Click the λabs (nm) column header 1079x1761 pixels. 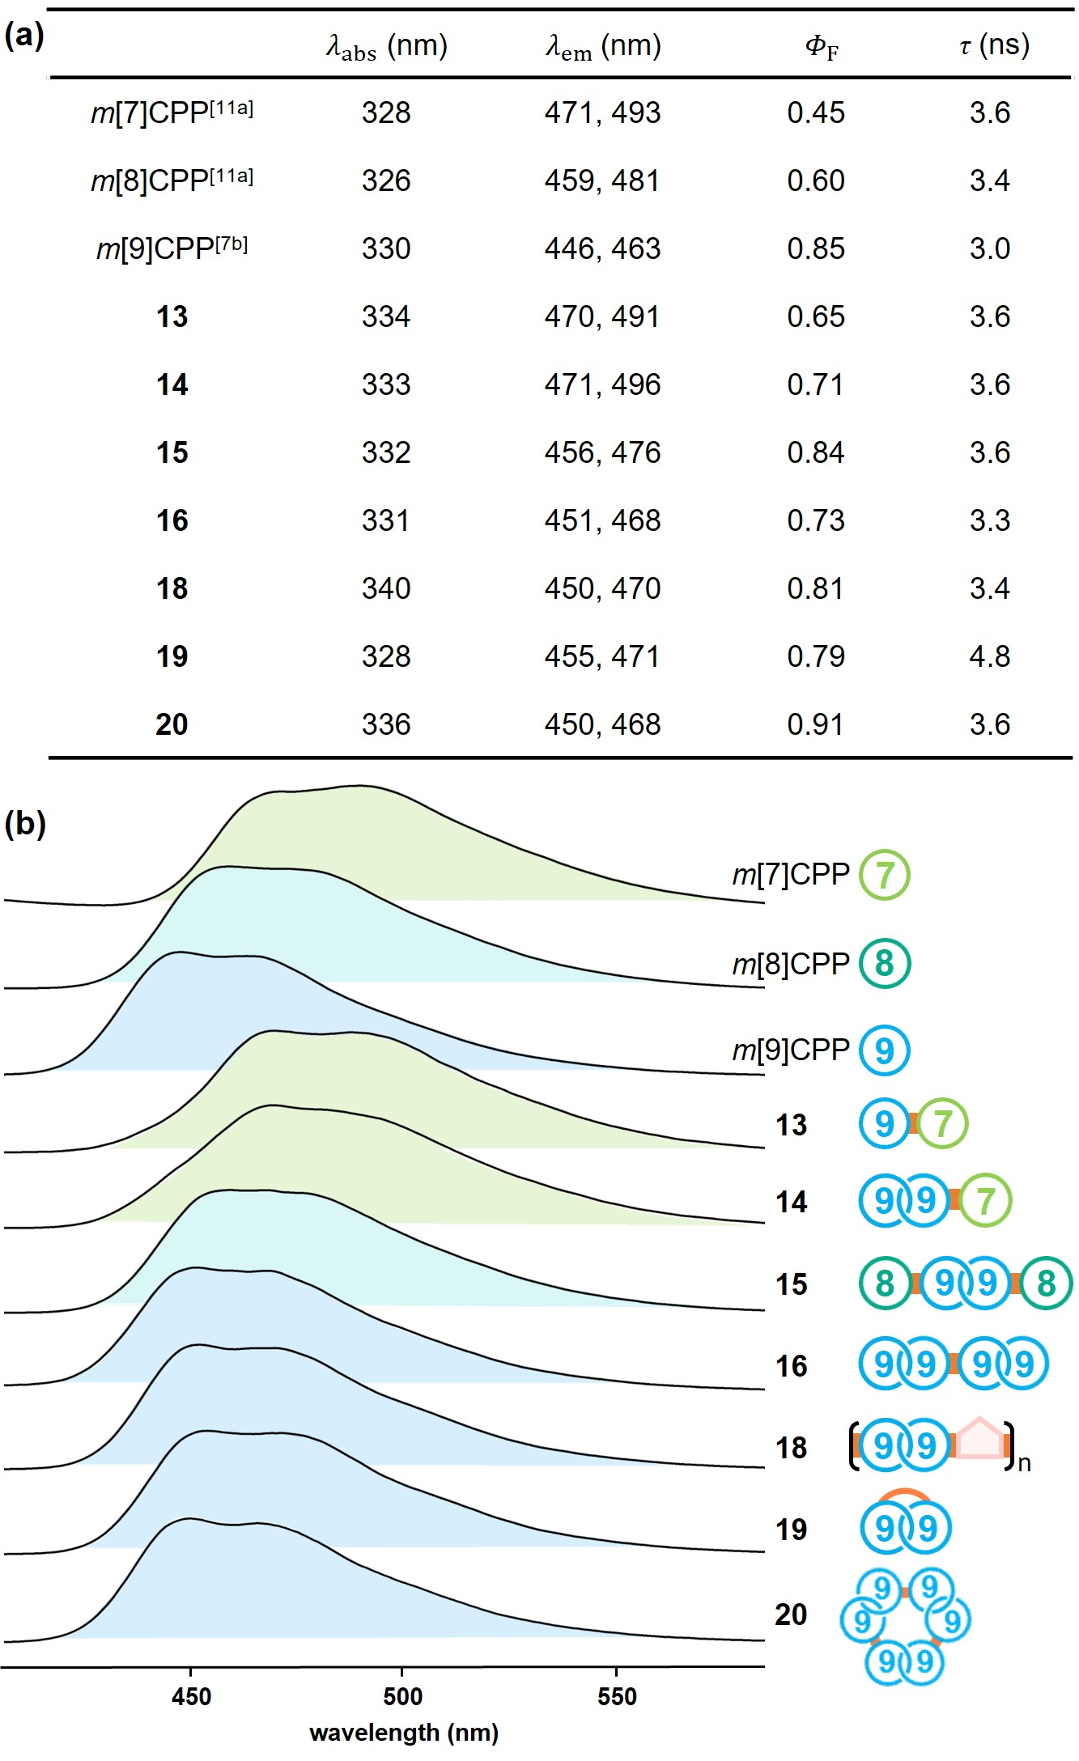386,46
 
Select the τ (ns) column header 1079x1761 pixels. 994,45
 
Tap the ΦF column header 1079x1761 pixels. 821,47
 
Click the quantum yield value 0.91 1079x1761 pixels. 815,724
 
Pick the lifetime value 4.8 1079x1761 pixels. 989,656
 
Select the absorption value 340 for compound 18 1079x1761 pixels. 386,588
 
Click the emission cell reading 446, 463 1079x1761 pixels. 602,248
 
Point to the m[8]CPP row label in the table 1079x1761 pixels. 172,180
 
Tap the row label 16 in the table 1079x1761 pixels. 172,520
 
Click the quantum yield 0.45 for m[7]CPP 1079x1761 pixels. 815,112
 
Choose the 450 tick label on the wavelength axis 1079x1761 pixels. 191,1696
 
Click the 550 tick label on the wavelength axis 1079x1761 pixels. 616,1696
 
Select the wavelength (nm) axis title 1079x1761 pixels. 404,1733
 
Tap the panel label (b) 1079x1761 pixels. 25,824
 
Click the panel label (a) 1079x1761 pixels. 24,36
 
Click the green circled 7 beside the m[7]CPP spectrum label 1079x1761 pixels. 884,875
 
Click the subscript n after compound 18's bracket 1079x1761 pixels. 1024,1463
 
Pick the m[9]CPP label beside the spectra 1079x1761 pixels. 790,1050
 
